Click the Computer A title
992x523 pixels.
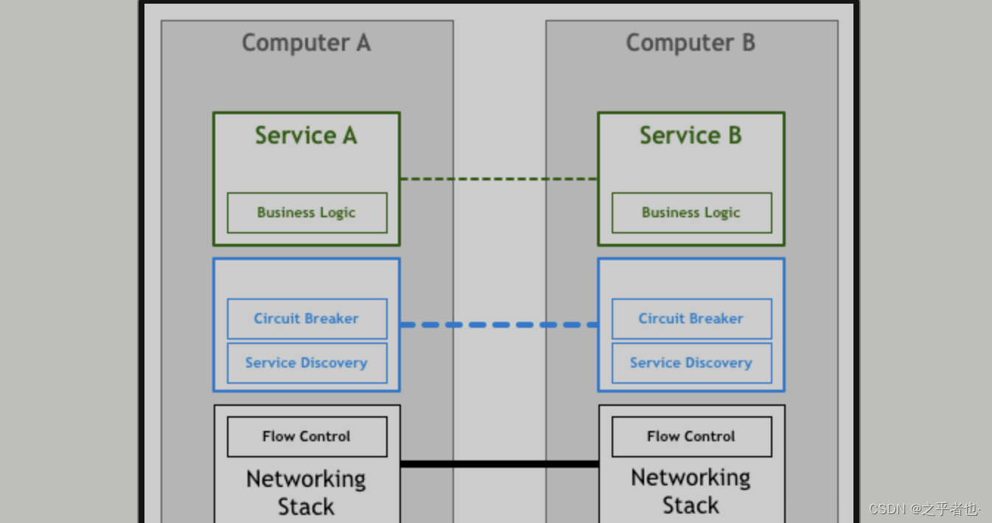[306, 43]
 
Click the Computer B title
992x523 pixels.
[691, 43]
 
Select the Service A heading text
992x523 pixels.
[306, 136]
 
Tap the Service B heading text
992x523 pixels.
[691, 136]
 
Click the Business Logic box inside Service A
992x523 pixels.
[307, 213]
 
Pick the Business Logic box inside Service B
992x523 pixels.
[691, 213]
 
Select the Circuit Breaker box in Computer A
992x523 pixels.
[307, 319]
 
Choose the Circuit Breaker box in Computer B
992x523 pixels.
[691, 319]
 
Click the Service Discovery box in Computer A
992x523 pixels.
[307, 363]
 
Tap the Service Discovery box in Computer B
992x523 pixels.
[691, 363]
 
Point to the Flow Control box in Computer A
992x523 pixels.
[307, 437]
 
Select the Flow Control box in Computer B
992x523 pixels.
[691, 437]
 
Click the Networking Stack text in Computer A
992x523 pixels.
[306, 493]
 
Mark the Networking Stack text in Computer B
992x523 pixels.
[691, 491]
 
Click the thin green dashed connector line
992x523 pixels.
[498, 179]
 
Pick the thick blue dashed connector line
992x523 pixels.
[498, 325]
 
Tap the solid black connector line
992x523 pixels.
[498, 464]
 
